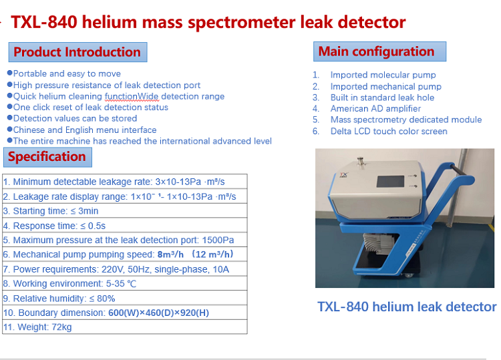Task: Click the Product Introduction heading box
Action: click(77, 52)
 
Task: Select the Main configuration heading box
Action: click(379, 51)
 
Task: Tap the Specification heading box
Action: click(47, 157)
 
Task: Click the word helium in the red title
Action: click(109, 22)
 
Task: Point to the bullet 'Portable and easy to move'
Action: click(64, 73)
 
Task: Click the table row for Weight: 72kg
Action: click(125, 327)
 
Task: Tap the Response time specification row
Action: click(125, 226)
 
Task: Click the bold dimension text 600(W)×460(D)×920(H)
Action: click(158, 313)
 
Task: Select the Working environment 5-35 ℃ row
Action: click(125, 283)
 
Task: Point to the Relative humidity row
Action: click(125, 298)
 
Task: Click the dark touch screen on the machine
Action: click(390, 182)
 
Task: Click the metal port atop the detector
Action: click(361, 161)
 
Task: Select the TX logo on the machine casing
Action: click(344, 175)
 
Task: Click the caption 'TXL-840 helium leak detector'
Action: click(407, 307)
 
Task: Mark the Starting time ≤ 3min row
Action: click(125, 211)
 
